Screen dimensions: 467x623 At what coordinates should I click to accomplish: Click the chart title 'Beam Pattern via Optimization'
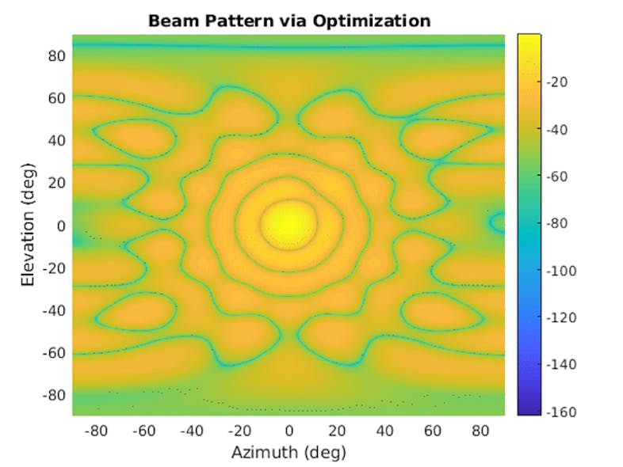[x=289, y=21]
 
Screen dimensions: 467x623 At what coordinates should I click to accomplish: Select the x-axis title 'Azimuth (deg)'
[x=289, y=453]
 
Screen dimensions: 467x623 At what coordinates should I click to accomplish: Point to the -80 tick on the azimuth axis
[x=96, y=431]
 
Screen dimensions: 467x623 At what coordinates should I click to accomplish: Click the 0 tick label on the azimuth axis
[x=289, y=431]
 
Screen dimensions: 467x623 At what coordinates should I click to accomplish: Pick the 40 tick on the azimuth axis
[x=384, y=431]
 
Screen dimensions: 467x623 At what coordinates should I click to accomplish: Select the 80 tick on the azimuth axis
[x=480, y=431]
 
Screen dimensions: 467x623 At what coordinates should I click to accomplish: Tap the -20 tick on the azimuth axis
[x=239, y=431]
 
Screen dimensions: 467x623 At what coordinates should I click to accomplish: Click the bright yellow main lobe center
[x=289, y=224]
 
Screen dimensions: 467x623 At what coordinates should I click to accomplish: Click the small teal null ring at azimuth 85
[x=498, y=222]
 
